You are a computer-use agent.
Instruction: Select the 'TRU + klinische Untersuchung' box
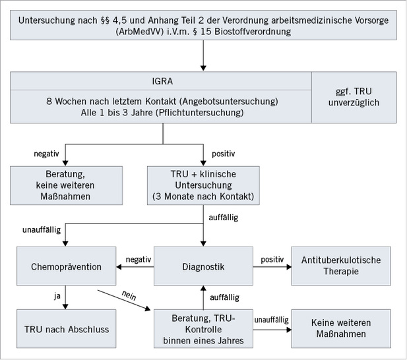point(203,185)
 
